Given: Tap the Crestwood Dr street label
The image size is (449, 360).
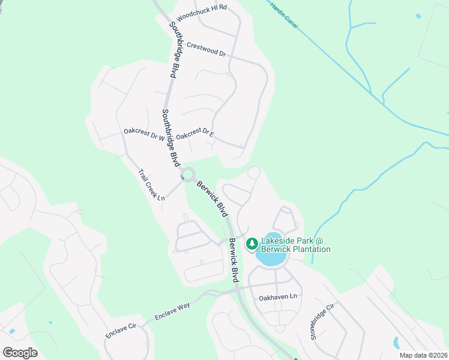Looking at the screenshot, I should pyautogui.click(x=206, y=49).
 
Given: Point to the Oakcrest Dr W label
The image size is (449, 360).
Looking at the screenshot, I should pyautogui.click(x=143, y=134).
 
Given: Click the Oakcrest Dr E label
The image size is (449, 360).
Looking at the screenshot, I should pyautogui.click(x=195, y=134).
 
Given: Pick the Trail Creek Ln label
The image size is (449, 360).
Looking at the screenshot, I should pyautogui.click(x=152, y=185).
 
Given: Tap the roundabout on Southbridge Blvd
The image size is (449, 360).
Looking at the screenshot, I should pyautogui.click(x=189, y=175).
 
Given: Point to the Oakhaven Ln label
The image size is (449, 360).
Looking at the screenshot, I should pyautogui.click(x=278, y=297).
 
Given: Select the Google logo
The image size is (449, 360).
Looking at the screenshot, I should pyautogui.click(x=20, y=353).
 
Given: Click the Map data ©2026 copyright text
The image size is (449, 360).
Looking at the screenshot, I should pyautogui.click(x=423, y=355).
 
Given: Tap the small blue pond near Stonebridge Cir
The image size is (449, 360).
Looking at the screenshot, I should pyautogui.click(x=396, y=343).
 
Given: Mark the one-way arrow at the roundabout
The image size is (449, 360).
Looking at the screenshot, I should pyautogui.click(x=182, y=177).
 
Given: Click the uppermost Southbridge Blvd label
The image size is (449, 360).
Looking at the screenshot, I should pyautogui.click(x=174, y=50).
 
